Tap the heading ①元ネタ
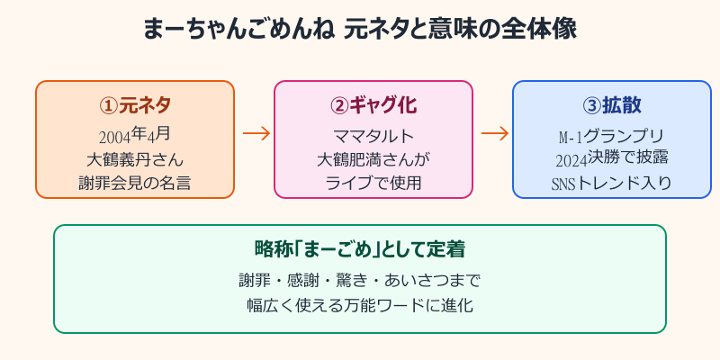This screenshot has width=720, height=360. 135,104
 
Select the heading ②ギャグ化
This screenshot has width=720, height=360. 373,104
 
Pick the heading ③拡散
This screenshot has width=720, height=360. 612,104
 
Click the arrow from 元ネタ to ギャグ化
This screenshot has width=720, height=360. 256,133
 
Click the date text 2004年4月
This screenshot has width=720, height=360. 135,135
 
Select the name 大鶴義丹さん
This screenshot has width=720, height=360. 135,160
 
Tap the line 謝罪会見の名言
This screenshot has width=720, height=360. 135,184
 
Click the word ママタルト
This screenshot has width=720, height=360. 373,136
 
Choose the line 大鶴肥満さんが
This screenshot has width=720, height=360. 373,160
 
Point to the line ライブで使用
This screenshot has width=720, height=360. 373,184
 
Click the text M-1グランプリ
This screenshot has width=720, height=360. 612,136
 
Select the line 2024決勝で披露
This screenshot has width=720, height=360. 612,159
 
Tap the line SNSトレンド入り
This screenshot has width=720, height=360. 612,184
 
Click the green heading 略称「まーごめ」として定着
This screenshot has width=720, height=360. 360,247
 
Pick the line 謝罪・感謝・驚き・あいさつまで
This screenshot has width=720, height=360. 360,279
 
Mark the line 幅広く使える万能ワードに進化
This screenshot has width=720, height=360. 360,304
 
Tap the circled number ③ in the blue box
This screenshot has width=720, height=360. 591,104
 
